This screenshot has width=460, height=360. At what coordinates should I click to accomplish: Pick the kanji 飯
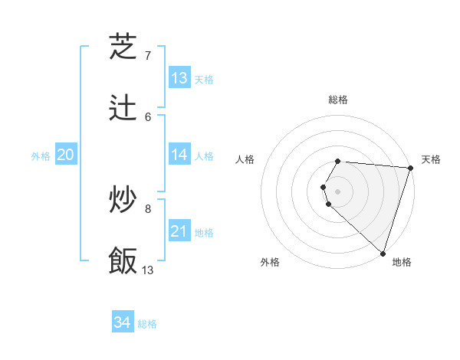123,260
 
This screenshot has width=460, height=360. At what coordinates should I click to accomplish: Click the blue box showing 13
179,77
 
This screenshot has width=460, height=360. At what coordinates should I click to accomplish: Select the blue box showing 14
179,155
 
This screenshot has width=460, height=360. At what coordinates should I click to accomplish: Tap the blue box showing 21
179,231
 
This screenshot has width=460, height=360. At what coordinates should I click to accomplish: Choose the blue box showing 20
65,155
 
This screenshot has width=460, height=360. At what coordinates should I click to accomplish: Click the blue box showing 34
123,322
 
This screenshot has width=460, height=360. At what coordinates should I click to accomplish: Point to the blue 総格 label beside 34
147,324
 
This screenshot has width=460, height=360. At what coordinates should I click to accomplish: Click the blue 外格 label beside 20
41,156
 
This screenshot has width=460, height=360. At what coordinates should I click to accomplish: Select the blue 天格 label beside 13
204,79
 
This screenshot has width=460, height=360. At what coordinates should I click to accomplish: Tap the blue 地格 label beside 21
204,232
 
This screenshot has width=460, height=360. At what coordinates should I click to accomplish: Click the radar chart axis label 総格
338,100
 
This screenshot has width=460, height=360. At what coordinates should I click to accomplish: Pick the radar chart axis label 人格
245,159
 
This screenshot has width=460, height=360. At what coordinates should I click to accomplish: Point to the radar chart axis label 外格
270,262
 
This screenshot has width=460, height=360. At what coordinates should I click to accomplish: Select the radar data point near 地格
383,254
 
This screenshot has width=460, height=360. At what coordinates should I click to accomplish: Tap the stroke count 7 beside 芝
148,55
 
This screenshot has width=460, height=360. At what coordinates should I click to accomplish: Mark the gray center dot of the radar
338,190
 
